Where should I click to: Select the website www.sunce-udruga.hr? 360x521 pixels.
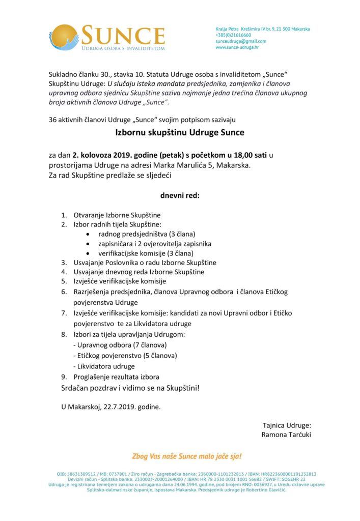tap(237, 47)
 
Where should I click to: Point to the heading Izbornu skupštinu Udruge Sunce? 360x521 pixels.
tap(179, 133)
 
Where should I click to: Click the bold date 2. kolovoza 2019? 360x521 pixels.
tap(102, 155)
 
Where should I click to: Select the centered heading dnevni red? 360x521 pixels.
tap(180, 195)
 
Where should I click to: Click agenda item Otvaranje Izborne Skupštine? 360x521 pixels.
tap(117, 215)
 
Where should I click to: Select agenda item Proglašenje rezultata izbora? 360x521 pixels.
tap(117, 377)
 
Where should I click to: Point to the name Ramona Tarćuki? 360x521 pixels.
tap(286, 435)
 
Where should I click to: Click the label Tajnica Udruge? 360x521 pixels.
tap(287, 425)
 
